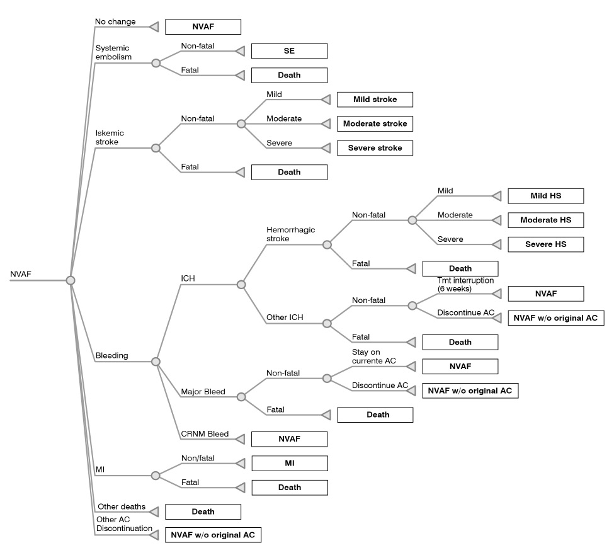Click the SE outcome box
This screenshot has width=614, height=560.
289,50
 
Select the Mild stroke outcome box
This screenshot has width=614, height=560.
375,100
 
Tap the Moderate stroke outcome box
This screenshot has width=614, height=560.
375,123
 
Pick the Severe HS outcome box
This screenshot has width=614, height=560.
545,244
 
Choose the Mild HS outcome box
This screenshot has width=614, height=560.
545,196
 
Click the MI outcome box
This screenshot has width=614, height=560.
289,463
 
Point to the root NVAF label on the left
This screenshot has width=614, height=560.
21,274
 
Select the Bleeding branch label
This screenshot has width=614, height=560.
111,355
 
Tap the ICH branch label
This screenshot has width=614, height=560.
188,277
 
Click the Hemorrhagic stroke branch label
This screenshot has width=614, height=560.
290,234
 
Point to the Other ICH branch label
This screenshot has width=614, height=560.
285,317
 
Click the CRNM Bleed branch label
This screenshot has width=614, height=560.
204,434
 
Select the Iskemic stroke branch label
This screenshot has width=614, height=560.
110,137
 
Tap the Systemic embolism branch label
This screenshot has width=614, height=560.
113,52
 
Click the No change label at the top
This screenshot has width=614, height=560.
115,21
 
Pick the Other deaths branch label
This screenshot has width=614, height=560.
121,506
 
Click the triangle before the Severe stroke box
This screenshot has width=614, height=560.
326,148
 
